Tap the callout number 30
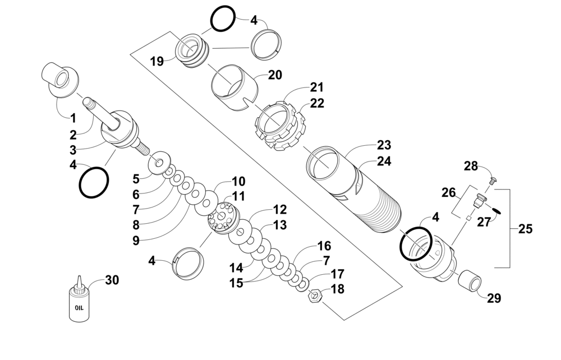pos(112,280)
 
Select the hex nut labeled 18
pos(315,296)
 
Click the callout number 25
pos(525,229)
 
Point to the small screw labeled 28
pos(493,180)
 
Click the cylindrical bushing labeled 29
pos(470,280)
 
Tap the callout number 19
pos(157,62)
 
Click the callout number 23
pos(384,145)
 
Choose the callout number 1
pos(73,118)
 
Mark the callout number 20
pos(275,75)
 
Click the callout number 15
pos(236,283)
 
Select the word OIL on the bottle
pos(79,307)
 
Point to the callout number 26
pos(448,193)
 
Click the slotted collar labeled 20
pos(234,88)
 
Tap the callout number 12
pos(280,210)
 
